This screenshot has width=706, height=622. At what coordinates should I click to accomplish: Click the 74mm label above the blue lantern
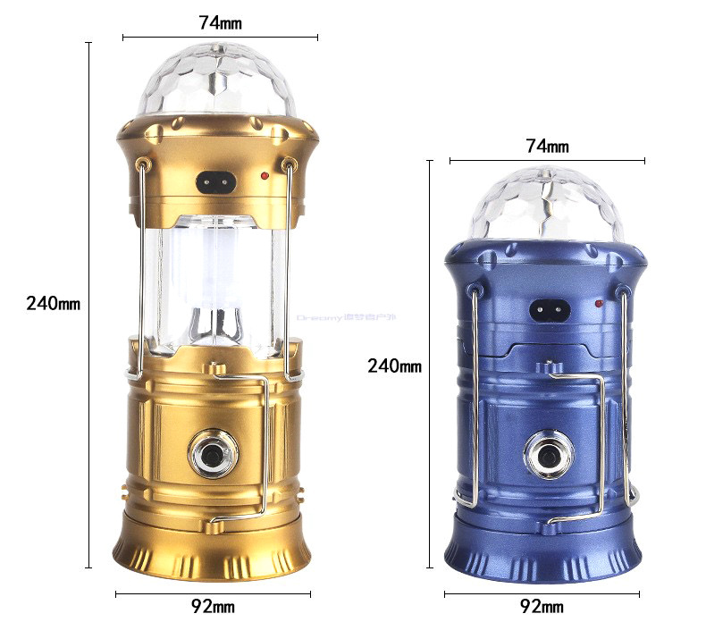click(547, 146)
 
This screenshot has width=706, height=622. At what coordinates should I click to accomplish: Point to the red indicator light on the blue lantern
click(600, 306)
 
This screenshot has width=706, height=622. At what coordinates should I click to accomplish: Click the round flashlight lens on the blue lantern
click(547, 454)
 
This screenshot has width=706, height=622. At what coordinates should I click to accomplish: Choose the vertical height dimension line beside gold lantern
click(88, 304)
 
